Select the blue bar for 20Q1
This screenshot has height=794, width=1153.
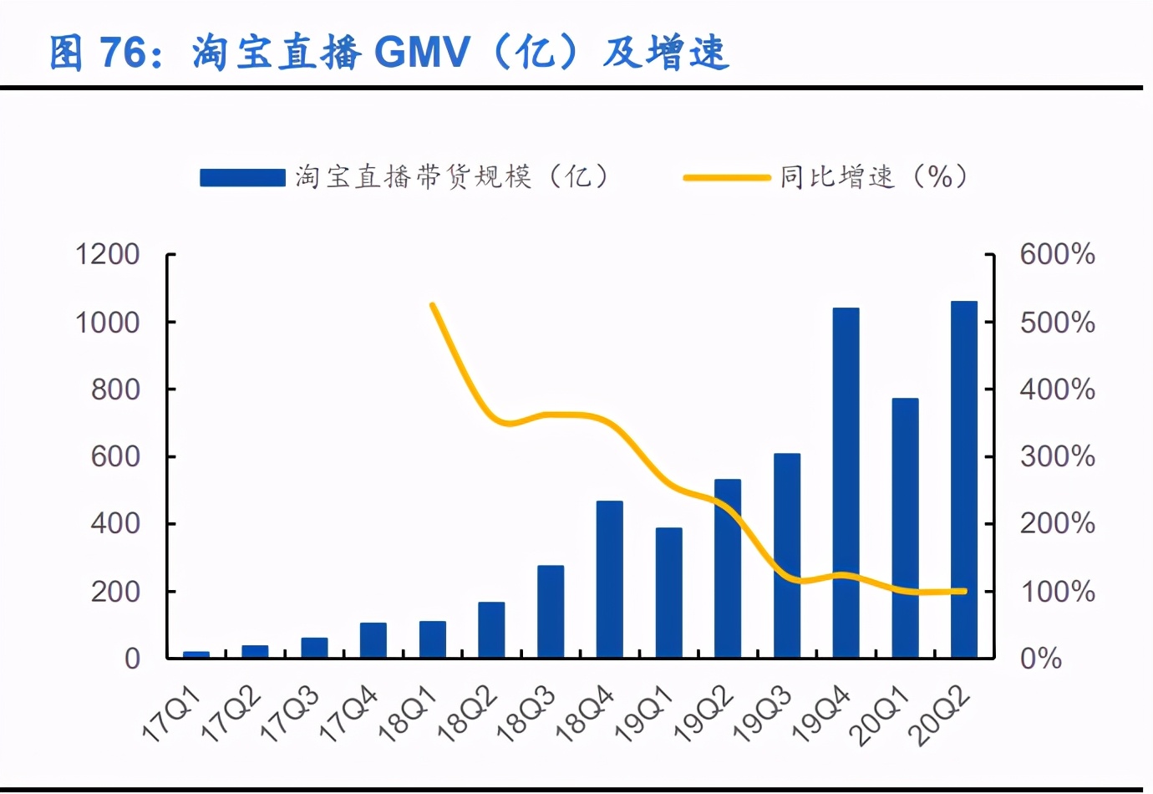pos(905,528)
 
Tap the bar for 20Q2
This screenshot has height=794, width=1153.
pos(964,480)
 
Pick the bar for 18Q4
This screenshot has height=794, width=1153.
pos(610,579)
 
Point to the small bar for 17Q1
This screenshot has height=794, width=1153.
pos(196,654)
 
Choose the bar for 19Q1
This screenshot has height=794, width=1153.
pos(668,593)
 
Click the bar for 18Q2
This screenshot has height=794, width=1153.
pos(491,629)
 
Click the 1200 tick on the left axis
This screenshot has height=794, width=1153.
pos(107,254)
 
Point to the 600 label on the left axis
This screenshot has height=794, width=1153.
pos(115,456)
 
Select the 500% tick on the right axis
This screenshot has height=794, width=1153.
pos(1057,322)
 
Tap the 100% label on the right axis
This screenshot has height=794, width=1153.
pos(1057,592)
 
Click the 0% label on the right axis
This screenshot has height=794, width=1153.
pos(1041,659)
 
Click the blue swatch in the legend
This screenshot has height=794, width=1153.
pos(242,177)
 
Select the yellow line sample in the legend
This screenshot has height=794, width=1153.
pos(726,177)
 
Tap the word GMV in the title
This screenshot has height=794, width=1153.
pos(422,53)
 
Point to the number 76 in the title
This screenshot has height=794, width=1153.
pos(124,53)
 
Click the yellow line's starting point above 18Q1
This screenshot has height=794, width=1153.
pos(433,305)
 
